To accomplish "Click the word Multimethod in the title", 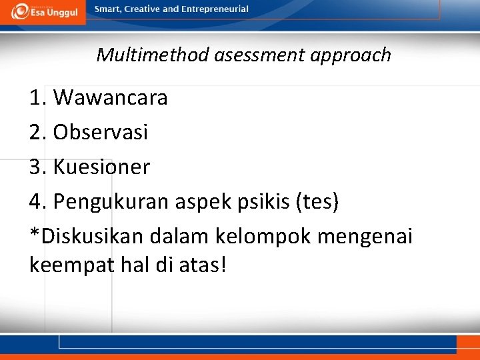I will click(x=153, y=55).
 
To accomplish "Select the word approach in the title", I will click(x=351, y=55).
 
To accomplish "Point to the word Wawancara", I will click(x=111, y=97).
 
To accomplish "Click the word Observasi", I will click(x=101, y=132).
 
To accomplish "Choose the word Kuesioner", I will click(x=102, y=167).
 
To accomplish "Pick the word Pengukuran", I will click(x=112, y=201).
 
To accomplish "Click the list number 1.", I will click(x=37, y=97).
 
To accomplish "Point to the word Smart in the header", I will click(x=108, y=9).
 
